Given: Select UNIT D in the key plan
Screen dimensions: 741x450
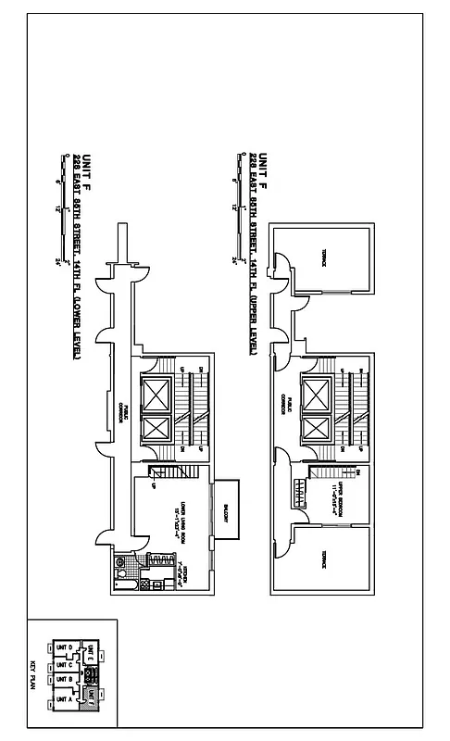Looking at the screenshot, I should click(x=64, y=648).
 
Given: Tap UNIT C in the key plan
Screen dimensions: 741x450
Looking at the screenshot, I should click(x=64, y=665).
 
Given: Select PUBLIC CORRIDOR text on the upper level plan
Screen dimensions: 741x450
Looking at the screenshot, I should click(x=287, y=408).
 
